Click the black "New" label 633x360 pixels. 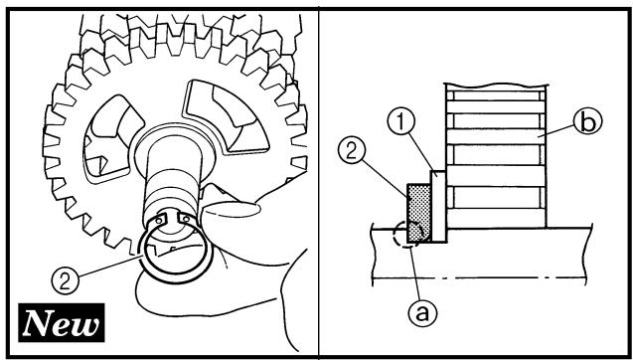pos(62,322)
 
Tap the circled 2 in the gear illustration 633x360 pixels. pos(65,281)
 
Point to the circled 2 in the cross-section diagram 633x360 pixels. pos(351,151)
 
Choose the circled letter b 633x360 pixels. pos(588,121)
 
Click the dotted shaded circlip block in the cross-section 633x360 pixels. pos(419,213)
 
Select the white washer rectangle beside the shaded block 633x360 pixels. pos(438,206)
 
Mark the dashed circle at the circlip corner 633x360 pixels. pos(408,234)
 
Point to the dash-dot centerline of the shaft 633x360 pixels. pos(479,278)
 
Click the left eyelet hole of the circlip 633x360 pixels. pos(160,221)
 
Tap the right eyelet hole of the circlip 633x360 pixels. pos(186,220)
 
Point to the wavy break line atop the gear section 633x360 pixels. pos(496,86)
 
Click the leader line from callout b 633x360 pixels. pos(557,132)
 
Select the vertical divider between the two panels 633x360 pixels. pos(319,183)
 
